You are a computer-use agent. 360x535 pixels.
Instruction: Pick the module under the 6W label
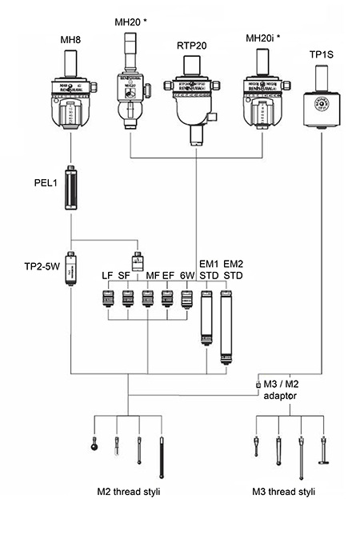pyautogui.click(x=186, y=300)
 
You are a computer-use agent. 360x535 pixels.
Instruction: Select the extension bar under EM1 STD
pyautogui.click(x=206, y=318)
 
